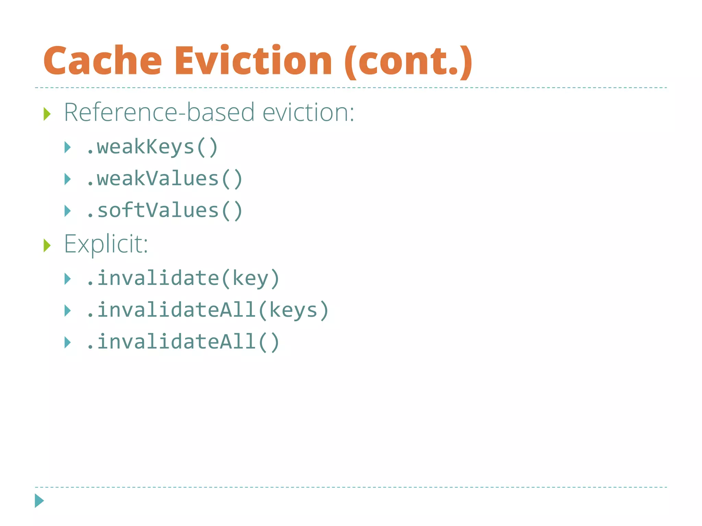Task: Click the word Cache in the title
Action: coord(102,61)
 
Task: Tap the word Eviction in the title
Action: coord(253,61)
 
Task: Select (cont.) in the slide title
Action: coord(408,62)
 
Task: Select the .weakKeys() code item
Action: coord(152,147)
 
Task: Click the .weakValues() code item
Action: coord(164,179)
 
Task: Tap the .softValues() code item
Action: coord(164,211)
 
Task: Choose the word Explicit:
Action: coord(106,244)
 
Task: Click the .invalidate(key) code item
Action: coord(183,278)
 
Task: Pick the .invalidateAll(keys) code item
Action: coord(207,310)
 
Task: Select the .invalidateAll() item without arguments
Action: coord(183,342)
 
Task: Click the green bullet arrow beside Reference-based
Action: coord(47,114)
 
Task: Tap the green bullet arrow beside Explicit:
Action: coord(47,246)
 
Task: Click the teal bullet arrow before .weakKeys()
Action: coord(68,148)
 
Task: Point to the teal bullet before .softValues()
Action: coord(68,211)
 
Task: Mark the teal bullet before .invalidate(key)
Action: coord(68,279)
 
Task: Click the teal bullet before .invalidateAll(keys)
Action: coord(68,311)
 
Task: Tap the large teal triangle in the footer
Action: coord(39,501)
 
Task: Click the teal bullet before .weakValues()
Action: coord(68,179)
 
